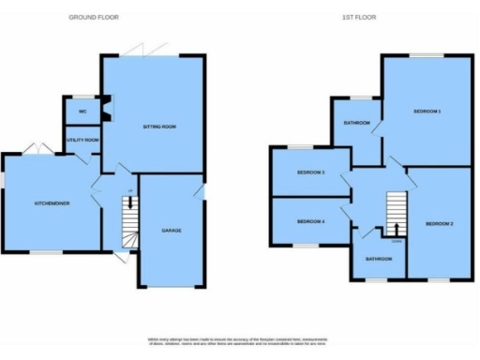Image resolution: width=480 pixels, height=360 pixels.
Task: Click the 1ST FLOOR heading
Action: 360,17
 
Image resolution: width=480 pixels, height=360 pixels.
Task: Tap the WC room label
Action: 82,111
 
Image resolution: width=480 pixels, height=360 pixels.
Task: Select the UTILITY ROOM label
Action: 82,141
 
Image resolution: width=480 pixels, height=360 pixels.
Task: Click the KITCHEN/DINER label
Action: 49,202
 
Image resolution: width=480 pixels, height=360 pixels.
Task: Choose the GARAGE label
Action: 170,230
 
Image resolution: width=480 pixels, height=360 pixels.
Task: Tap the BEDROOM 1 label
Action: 427,112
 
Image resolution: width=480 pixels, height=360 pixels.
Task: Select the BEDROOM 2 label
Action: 439,224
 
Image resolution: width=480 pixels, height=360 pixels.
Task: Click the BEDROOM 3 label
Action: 310,173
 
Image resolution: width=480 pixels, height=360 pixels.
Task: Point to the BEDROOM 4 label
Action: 310,221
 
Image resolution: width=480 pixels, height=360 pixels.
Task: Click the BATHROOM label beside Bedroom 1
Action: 356,123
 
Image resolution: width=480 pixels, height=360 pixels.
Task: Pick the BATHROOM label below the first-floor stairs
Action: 378,259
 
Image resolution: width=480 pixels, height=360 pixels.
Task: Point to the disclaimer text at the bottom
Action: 240,342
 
